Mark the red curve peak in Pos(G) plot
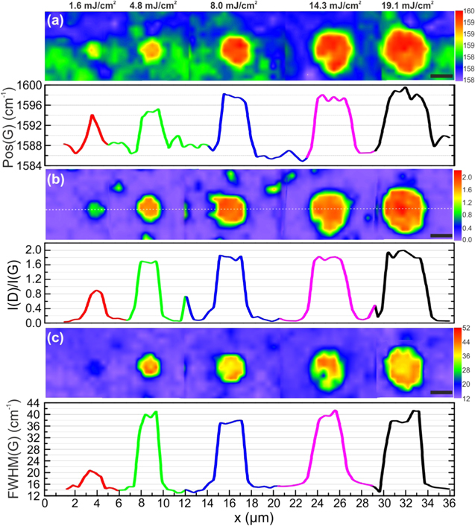[92, 115]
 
